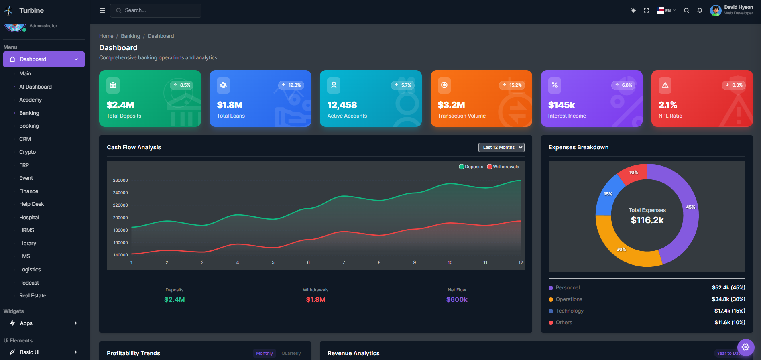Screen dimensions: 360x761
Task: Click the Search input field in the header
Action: point(161,10)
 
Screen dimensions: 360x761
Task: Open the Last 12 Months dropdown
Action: point(501,147)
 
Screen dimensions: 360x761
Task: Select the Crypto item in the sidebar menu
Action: point(27,152)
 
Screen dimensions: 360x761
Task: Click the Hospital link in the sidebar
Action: point(29,217)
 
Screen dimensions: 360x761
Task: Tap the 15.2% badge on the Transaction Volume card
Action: point(512,85)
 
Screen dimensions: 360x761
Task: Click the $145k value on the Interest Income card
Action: point(561,105)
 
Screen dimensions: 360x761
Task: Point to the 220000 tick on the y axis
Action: point(120,205)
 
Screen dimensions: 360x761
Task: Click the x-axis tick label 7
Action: point(344,262)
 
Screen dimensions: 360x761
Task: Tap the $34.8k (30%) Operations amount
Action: point(728,299)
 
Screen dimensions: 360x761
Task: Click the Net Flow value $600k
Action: point(456,299)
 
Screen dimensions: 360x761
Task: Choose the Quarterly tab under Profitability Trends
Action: point(291,353)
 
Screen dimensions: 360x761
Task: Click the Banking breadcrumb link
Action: point(130,36)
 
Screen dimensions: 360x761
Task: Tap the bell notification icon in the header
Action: point(700,10)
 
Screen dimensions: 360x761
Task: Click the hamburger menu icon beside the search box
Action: point(102,10)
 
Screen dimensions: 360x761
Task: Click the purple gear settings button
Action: point(745,347)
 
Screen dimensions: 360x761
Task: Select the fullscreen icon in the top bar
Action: point(646,10)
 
